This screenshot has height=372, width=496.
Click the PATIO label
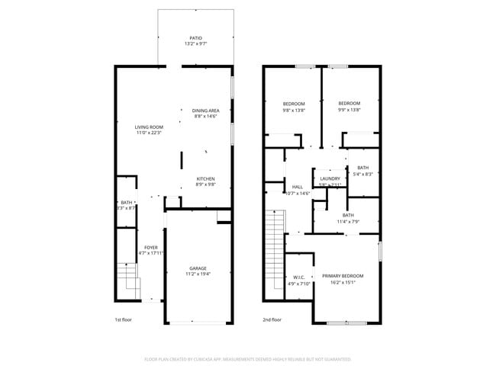[x=196, y=38]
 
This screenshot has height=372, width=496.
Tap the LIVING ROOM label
[x=150, y=127]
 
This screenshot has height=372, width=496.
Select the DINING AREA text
[x=205, y=111]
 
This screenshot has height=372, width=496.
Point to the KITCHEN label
[x=205, y=179]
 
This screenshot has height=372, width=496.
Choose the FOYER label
[x=151, y=248]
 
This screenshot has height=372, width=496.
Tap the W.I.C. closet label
[x=299, y=277]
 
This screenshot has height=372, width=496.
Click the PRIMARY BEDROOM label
[x=343, y=276]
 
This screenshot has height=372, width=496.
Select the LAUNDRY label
[x=330, y=179]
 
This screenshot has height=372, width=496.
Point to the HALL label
[x=297, y=187]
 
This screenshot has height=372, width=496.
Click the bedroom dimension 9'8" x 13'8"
[x=294, y=110]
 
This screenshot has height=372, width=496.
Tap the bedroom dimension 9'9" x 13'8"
[x=349, y=110]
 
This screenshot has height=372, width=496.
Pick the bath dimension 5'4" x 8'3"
[x=362, y=175]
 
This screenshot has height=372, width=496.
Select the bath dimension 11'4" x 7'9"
[x=348, y=222]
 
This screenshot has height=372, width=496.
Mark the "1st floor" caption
[x=123, y=319]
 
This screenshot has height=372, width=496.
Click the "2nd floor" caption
[x=272, y=319]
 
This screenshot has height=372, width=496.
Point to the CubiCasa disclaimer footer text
[x=247, y=358]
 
